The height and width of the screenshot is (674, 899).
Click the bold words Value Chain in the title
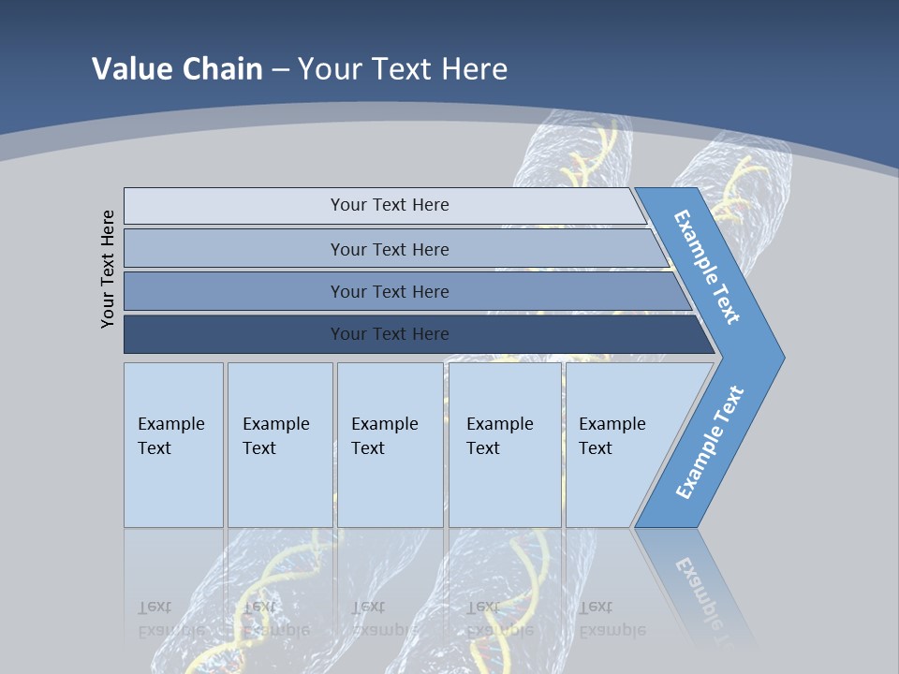pos(177,69)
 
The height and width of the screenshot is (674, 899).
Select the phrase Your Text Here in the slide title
pos(403,69)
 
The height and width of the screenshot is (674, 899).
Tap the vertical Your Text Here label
pos(109,269)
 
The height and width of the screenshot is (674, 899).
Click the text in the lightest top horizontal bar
pos(390,205)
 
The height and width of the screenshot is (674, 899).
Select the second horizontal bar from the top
pos(390,249)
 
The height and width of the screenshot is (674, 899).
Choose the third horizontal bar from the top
pos(390,292)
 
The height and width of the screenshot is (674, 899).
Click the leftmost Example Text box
pos(173,445)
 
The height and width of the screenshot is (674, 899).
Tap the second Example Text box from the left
pos(279,445)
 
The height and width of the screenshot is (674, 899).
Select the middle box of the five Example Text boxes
pos(389,445)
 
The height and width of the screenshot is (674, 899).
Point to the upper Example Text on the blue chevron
pos(708,267)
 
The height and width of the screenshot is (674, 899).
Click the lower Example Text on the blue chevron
pos(710,442)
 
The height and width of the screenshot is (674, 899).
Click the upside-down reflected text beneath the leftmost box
pos(171,618)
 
